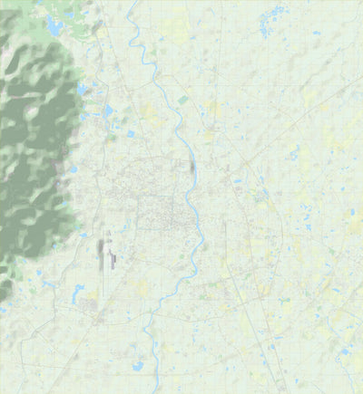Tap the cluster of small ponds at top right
point(270,18)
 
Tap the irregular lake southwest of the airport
point(77,293)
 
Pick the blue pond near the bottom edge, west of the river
point(138,366)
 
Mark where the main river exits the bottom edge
point(160,391)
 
